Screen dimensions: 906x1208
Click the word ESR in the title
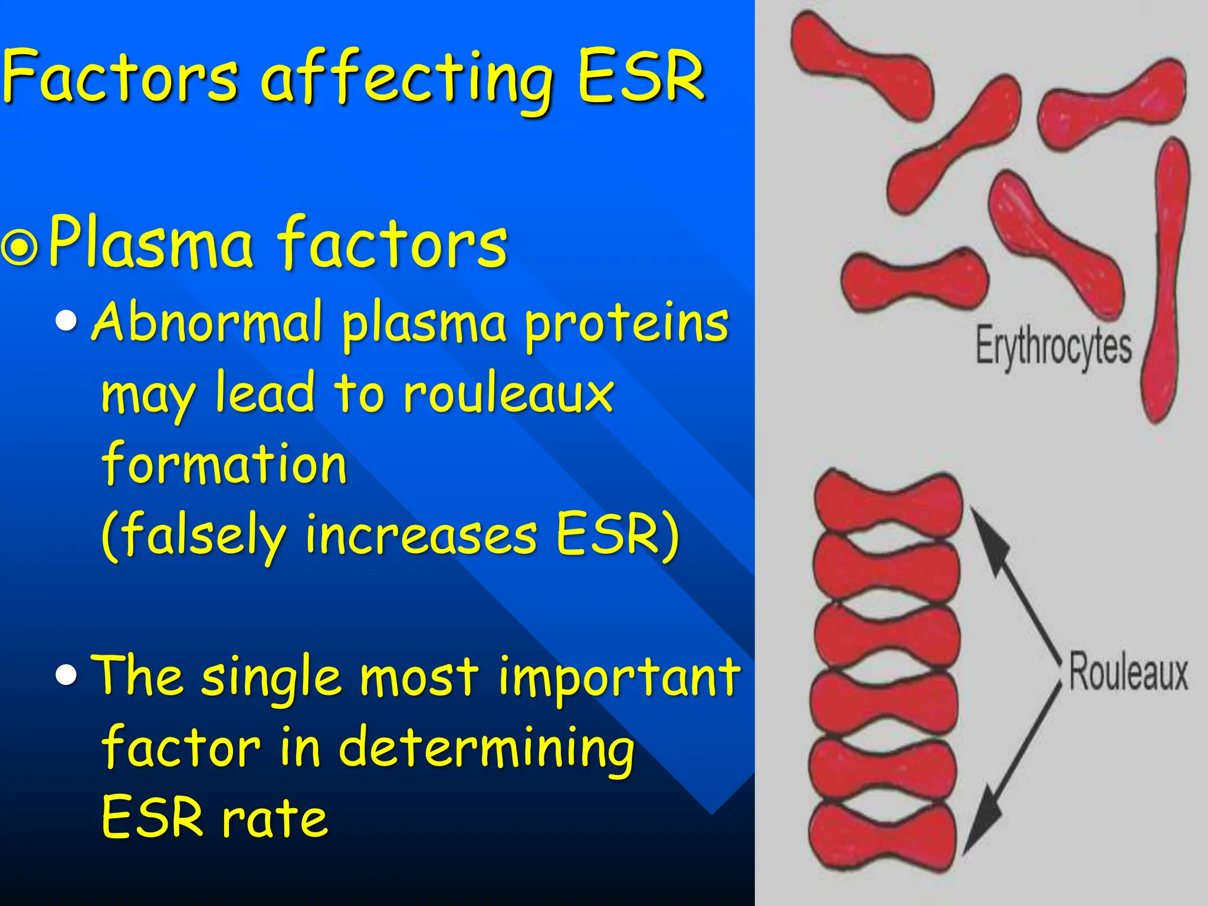click(x=641, y=77)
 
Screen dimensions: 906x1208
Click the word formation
click(x=224, y=464)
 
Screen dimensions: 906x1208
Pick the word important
click(x=619, y=678)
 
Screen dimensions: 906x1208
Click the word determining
click(x=487, y=749)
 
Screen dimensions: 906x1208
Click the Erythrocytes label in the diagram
click(x=1053, y=347)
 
